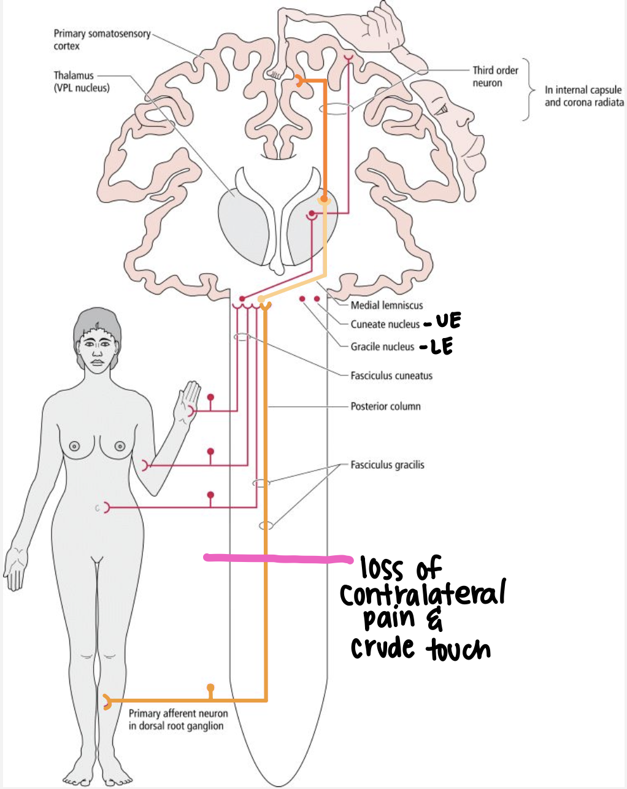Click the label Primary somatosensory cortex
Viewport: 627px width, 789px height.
tap(102, 39)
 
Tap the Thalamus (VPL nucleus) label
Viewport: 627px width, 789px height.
tap(81, 81)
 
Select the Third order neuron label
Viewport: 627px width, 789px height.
tap(494, 76)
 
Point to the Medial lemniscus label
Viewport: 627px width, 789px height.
tap(387, 305)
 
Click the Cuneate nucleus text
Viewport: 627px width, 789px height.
tap(385, 324)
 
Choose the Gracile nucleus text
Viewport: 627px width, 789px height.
tap(382, 347)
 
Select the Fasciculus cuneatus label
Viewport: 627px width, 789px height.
tap(391, 375)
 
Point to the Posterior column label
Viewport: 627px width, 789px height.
tap(385, 406)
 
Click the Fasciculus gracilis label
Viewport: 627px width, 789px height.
tap(387, 465)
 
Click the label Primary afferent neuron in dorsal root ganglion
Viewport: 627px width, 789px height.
tap(178, 720)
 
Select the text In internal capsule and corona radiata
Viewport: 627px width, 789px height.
tap(583, 96)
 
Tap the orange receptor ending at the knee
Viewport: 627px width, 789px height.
tap(107, 701)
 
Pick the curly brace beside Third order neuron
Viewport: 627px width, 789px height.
tap(526, 89)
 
